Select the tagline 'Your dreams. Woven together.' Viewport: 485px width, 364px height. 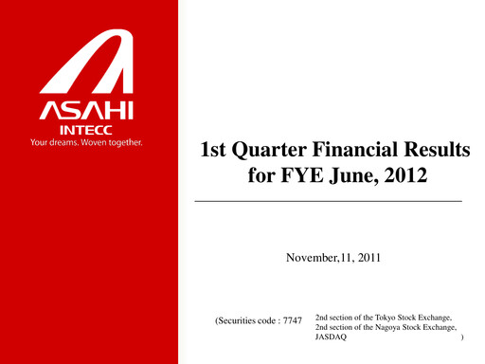[88, 144]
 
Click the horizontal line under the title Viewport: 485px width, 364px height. [328, 202]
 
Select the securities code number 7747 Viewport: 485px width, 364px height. [290, 322]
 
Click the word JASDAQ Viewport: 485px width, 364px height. [330, 337]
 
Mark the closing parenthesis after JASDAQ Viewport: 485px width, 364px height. [461, 337]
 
